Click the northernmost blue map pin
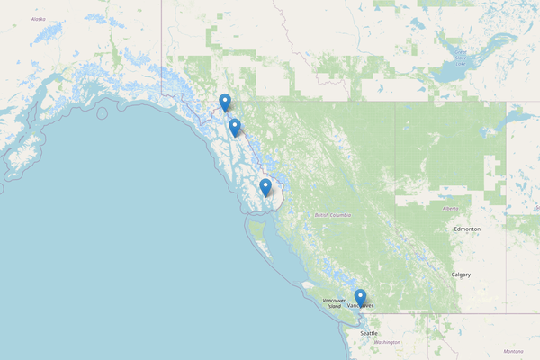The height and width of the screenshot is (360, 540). [225, 102]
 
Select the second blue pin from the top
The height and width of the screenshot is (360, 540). [235, 127]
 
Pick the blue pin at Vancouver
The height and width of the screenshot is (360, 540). [360, 297]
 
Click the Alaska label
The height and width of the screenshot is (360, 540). [38, 18]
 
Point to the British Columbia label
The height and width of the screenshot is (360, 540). [333, 215]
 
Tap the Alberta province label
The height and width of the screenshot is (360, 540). [451, 208]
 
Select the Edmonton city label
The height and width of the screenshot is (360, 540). [467, 229]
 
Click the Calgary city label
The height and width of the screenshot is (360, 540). [462, 274]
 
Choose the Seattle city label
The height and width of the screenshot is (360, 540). [369, 333]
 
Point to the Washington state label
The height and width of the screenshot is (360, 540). [387, 343]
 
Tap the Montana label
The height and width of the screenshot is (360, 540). [513, 351]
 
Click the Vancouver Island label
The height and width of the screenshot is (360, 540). [334, 304]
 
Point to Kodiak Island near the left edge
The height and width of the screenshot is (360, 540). [13, 162]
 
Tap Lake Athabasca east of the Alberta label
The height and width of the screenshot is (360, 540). [522, 116]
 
